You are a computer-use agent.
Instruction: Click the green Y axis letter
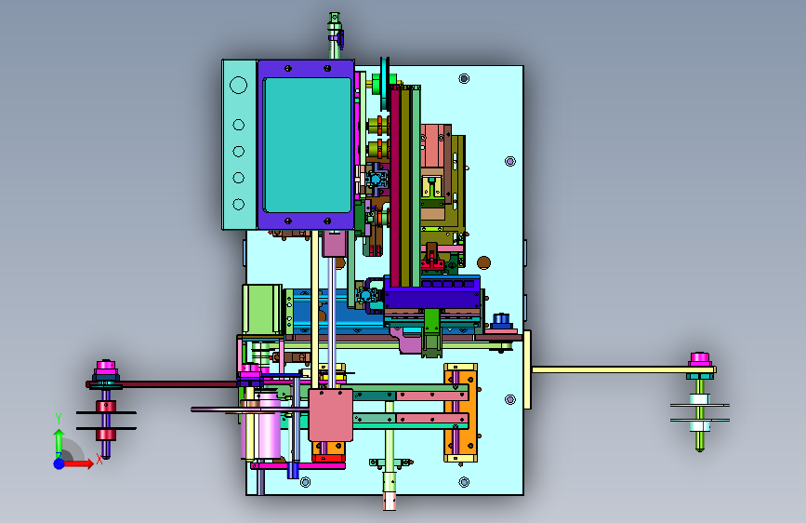(x=59, y=418)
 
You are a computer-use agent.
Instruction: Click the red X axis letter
(x=99, y=459)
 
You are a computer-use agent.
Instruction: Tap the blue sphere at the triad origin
(x=59, y=463)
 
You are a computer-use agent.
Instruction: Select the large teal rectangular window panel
(x=308, y=145)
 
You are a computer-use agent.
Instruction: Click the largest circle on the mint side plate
(x=239, y=85)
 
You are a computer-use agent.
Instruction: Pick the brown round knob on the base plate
(x=483, y=262)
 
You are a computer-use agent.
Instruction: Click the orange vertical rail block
(x=460, y=413)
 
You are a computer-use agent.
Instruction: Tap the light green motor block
(x=262, y=309)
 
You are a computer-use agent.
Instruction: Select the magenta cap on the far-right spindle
(x=700, y=359)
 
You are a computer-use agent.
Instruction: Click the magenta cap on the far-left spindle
(x=106, y=368)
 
